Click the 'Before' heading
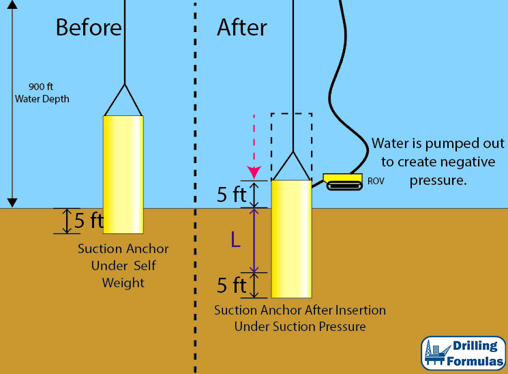click(89, 27)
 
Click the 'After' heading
click(242, 27)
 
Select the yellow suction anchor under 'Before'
click(123, 174)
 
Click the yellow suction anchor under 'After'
click(291, 239)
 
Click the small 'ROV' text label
click(376, 182)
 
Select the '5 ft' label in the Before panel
click(89, 221)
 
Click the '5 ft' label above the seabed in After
click(231, 195)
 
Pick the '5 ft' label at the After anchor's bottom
click(231, 285)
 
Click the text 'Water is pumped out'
click(438, 144)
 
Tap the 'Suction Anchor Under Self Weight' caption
click(123, 265)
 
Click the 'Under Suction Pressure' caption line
click(300, 326)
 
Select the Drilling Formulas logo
click(464, 354)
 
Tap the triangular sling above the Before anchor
click(123, 101)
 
